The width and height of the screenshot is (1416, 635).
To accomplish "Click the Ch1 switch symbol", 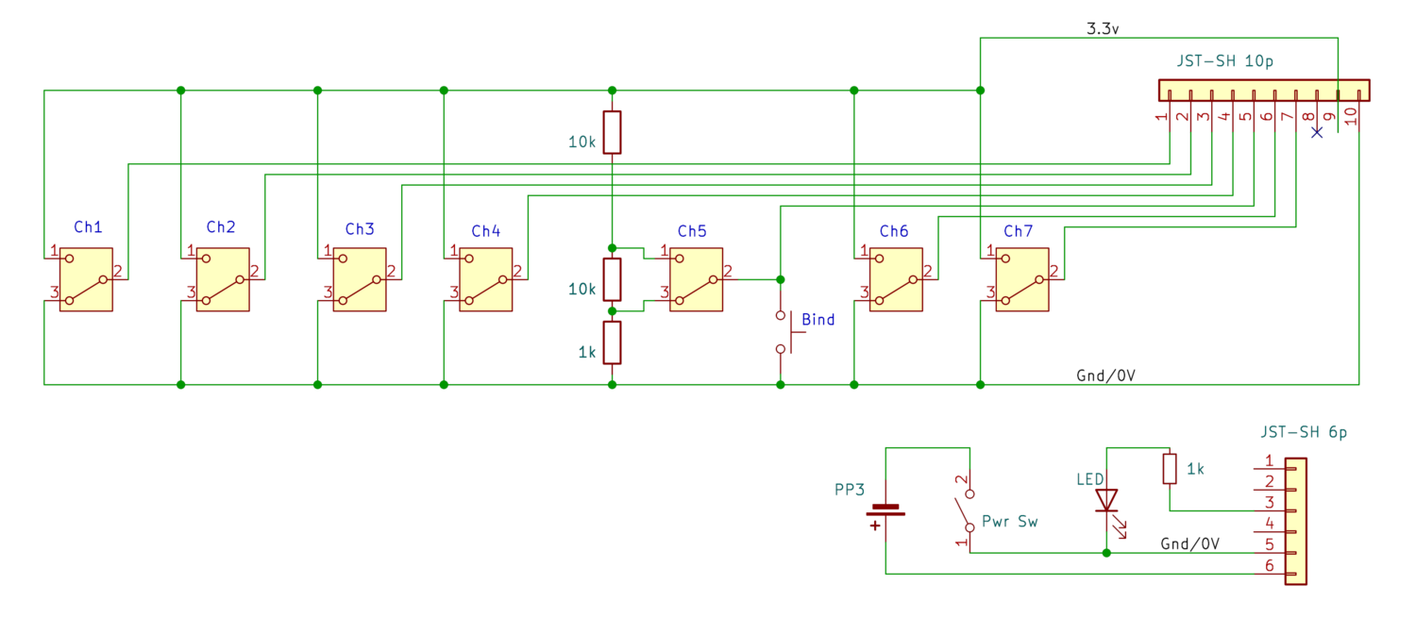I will pyautogui.click(x=86, y=279).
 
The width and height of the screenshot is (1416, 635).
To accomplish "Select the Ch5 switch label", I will pyautogui.click(x=691, y=231).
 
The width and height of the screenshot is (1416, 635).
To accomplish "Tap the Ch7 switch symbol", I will pyautogui.click(x=1021, y=279).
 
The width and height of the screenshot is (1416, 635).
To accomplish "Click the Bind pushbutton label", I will pyautogui.click(x=818, y=320).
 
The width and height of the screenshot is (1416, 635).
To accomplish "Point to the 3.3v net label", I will pyautogui.click(x=1103, y=29).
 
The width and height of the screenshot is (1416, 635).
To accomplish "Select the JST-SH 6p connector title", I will pyautogui.click(x=1303, y=433).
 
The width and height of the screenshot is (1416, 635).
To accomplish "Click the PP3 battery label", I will pyautogui.click(x=850, y=490).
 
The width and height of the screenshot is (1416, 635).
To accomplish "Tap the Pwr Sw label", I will pyautogui.click(x=1009, y=521).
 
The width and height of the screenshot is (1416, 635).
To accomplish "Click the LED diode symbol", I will pyautogui.click(x=1106, y=500).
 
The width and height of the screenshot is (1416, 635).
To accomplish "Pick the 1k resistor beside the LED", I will pyautogui.click(x=1170, y=469).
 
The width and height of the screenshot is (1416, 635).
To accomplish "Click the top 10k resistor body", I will pyautogui.click(x=613, y=132).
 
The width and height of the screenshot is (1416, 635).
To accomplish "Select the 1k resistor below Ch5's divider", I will pyautogui.click(x=613, y=343).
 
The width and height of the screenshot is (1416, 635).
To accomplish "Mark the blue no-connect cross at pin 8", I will pyautogui.click(x=1318, y=132).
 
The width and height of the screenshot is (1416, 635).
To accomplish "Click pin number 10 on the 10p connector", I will pyautogui.click(x=1351, y=115).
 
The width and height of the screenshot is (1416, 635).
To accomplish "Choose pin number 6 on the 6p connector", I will pyautogui.click(x=1269, y=565).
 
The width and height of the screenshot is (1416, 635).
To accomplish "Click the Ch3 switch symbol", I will pyautogui.click(x=360, y=279).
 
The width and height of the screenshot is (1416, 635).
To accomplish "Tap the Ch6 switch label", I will pyautogui.click(x=893, y=231).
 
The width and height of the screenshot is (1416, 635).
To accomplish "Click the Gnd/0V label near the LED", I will pyautogui.click(x=1190, y=544).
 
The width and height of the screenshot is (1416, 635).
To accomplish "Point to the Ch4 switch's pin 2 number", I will pyautogui.click(x=517, y=271).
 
